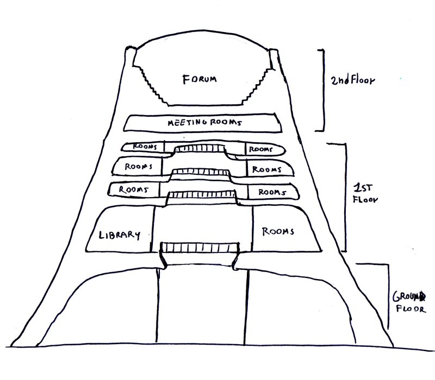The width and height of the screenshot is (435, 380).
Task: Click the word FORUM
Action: [199, 79]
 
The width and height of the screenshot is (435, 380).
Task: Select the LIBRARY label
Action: [120, 235]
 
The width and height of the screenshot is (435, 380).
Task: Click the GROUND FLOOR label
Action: [409, 303]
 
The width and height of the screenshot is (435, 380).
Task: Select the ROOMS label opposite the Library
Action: [278, 232]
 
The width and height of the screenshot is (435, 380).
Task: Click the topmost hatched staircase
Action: [198, 149]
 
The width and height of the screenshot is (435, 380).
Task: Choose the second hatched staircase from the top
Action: [200, 173]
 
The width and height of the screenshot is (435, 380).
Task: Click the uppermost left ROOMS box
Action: [142, 147]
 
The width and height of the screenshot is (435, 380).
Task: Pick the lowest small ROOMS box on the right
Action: [272, 192]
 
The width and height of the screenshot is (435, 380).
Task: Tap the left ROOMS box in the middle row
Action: [138, 167]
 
